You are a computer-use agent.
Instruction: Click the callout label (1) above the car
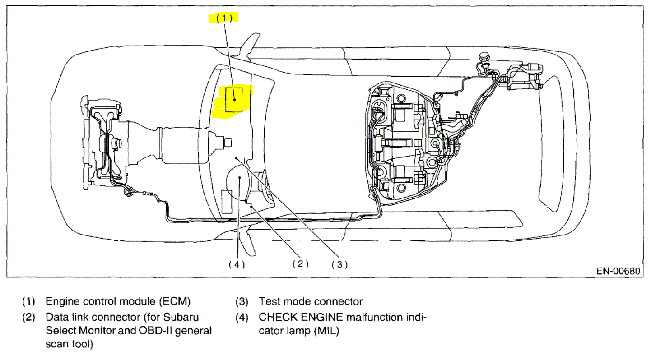click(223, 18)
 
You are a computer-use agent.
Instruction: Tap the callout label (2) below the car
click(299, 264)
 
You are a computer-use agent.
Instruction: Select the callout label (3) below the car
click(339, 265)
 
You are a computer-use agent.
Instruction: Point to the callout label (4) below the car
click(236, 265)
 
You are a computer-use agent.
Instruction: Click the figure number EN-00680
click(618, 271)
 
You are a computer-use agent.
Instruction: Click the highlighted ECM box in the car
click(234, 99)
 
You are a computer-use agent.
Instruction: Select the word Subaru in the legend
click(183, 317)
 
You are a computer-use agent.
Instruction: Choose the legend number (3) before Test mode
click(242, 301)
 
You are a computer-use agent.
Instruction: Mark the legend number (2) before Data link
click(29, 317)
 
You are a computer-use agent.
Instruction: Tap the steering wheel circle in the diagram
click(239, 183)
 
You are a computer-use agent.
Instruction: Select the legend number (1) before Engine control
click(29, 301)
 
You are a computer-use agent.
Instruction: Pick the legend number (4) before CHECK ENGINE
click(242, 317)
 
